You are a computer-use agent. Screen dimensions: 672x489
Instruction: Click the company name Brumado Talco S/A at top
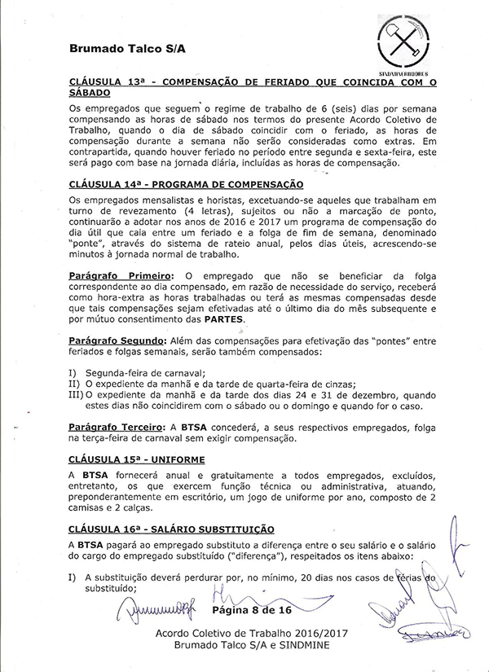point(127,49)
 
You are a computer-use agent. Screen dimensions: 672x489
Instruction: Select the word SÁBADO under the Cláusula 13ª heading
point(90,93)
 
